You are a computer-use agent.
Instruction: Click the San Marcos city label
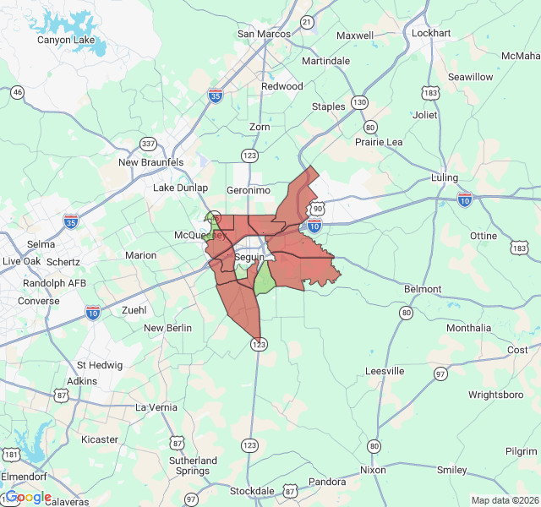tap(264, 34)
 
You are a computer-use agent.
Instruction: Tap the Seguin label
tap(249, 257)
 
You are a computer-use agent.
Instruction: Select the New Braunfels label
tap(151, 162)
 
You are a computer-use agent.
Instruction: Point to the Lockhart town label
tap(431, 33)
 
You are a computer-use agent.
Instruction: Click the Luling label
tap(444, 178)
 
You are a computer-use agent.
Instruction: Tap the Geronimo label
tap(248, 190)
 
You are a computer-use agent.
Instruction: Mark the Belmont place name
tap(423, 289)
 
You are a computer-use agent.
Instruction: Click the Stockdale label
tap(252, 491)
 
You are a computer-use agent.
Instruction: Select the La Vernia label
tap(156, 407)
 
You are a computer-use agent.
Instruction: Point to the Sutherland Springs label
tap(194, 466)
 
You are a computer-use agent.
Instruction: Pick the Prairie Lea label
tap(379, 142)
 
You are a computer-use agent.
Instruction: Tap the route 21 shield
tap(307, 21)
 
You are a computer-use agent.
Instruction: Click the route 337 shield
tap(149, 143)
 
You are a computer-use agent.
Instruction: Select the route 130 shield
tap(360, 102)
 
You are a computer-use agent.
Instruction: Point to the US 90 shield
tap(317, 208)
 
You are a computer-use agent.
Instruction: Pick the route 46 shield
tap(17, 91)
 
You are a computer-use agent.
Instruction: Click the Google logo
tap(28, 497)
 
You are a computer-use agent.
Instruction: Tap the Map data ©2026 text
tap(505, 500)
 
